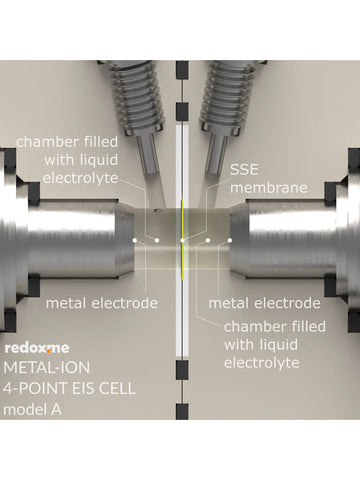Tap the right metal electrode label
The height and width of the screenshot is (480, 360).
click(264, 302)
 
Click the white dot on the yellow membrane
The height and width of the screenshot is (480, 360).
click(182, 240)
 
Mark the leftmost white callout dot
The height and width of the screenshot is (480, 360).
click(134, 240)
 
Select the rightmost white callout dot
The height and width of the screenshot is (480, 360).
click(229, 240)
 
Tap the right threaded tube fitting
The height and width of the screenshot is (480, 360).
click(229, 80)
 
